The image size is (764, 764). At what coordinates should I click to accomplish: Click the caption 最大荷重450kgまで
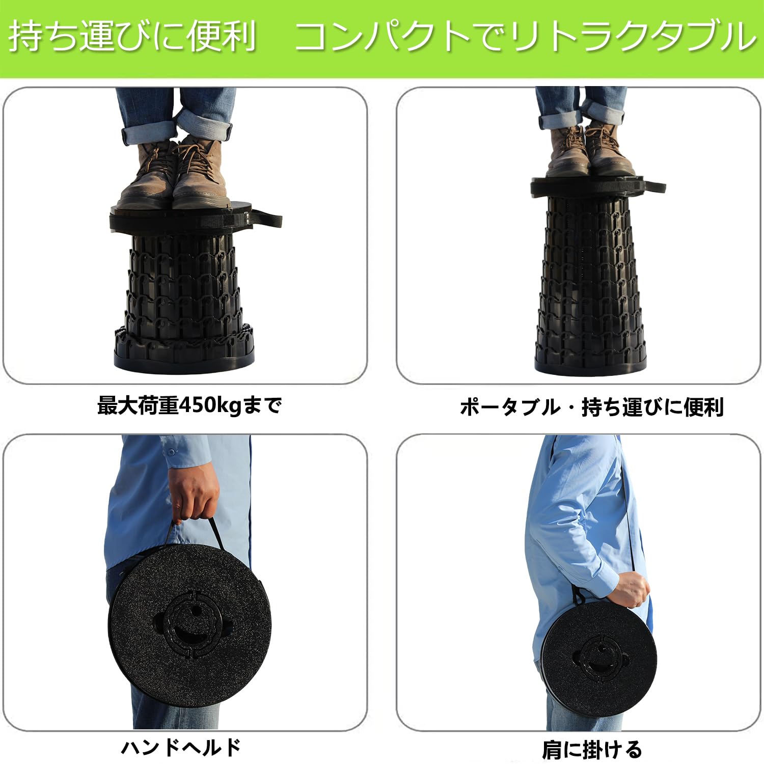tap(189, 405)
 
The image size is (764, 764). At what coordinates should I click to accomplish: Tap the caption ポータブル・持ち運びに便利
tap(592, 407)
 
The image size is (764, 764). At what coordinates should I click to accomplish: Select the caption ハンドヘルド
tap(181, 747)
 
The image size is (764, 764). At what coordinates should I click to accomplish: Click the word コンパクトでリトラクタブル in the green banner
tap(526, 37)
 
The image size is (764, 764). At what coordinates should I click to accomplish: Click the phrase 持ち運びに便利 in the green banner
tap(132, 36)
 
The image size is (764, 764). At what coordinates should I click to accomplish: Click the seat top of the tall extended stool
tap(593, 185)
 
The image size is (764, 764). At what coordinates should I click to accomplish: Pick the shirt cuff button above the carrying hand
tap(170, 452)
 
